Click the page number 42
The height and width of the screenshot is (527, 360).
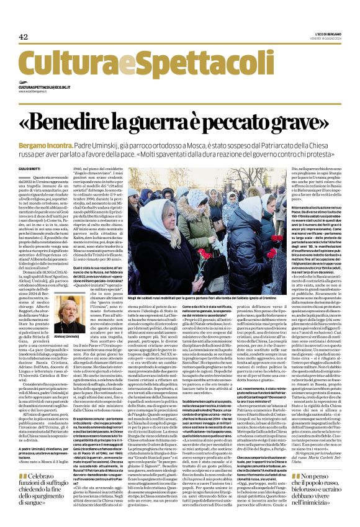23,37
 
